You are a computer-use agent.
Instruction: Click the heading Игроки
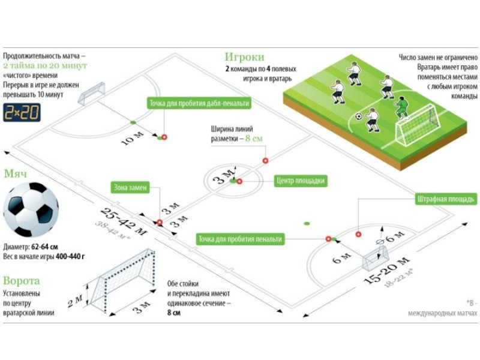[x=244, y=57]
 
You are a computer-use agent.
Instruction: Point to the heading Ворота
[x=22, y=281]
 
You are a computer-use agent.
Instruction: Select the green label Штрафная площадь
[x=446, y=199]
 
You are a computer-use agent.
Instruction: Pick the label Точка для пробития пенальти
[x=240, y=239]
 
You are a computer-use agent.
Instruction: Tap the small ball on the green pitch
[x=358, y=116]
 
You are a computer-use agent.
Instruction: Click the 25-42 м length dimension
[x=124, y=221]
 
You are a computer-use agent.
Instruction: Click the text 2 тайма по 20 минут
[x=45, y=64]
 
